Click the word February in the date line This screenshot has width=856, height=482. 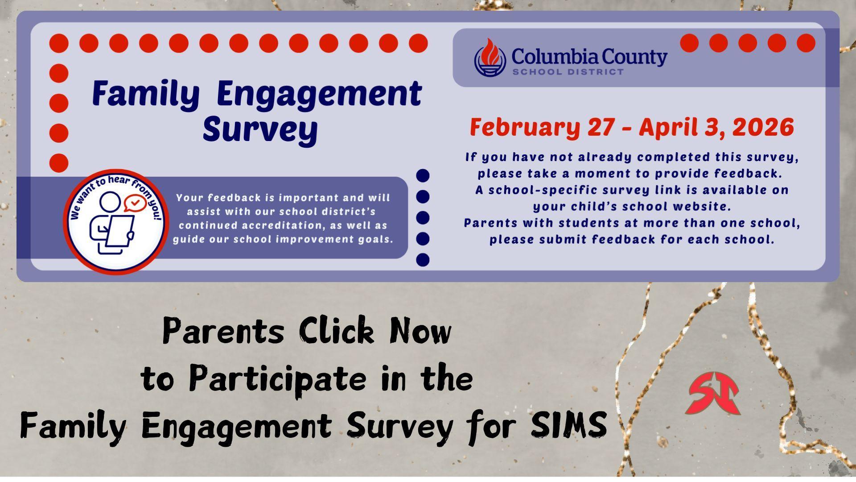524,127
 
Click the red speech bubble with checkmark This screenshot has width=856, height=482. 136,203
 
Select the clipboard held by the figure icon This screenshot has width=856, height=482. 119,230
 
